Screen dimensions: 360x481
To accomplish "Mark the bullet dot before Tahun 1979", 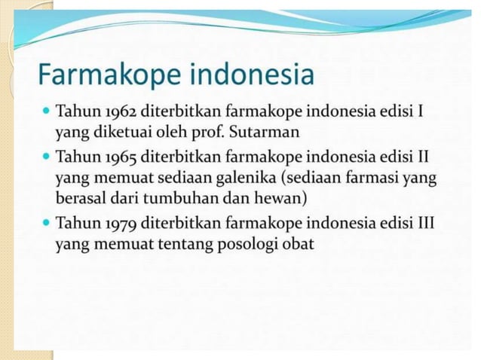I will pyautogui.click(x=47, y=224).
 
